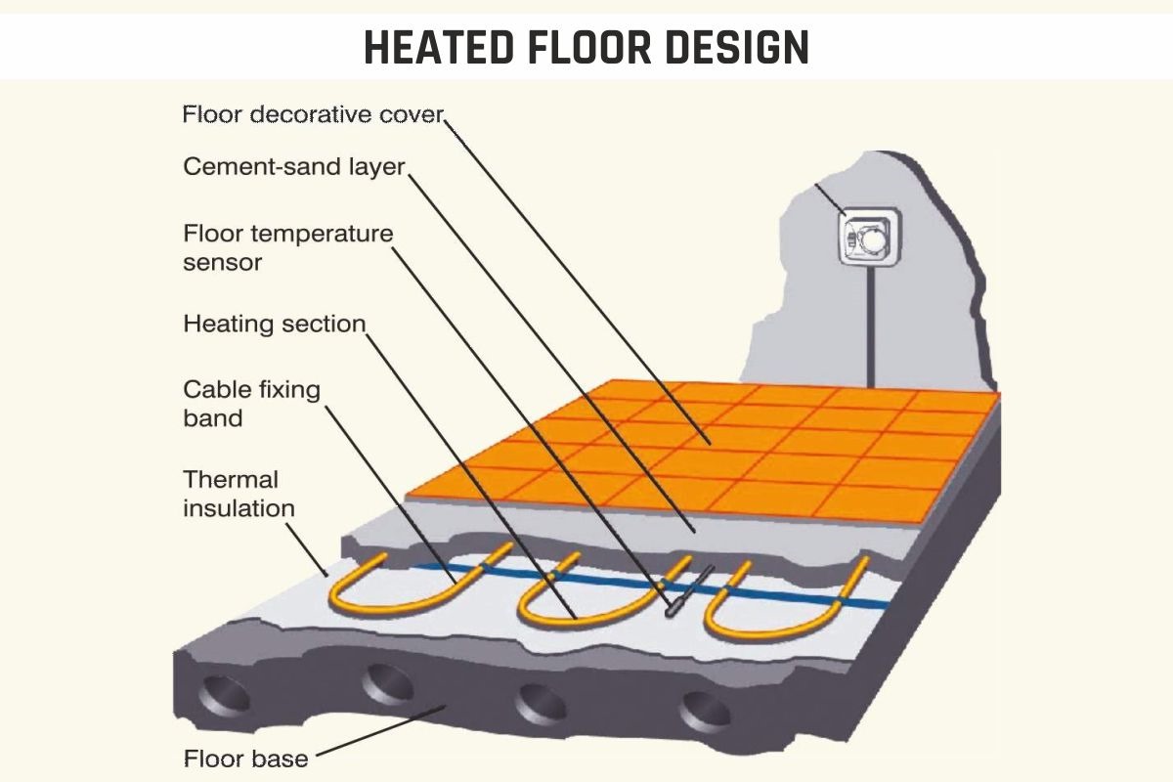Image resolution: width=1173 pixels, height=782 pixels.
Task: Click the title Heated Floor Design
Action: (x=586, y=47)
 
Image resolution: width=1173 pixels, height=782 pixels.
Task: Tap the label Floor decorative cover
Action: (x=313, y=114)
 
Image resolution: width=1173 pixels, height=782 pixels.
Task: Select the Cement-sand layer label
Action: (x=294, y=166)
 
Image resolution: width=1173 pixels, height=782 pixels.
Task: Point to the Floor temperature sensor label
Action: (x=288, y=247)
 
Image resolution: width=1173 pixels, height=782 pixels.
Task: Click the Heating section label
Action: (x=275, y=324)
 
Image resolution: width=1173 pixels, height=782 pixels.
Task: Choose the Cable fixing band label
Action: (x=251, y=404)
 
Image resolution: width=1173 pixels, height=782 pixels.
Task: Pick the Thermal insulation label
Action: (x=239, y=494)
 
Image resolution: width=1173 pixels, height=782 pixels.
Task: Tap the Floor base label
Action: (x=245, y=759)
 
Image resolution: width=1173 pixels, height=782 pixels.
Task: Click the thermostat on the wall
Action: (x=870, y=237)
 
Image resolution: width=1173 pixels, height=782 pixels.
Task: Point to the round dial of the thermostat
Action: (x=873, y=240)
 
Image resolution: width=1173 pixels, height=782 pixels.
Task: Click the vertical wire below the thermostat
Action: (x=870, y=326)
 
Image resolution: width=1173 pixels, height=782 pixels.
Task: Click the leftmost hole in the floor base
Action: (x=224, y=695)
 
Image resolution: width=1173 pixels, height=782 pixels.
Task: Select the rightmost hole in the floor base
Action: (x=705, y=712)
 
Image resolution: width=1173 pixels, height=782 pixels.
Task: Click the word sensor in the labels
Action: (x=222, y=262)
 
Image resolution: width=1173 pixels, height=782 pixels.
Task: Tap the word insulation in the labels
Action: (x=239, y=508)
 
